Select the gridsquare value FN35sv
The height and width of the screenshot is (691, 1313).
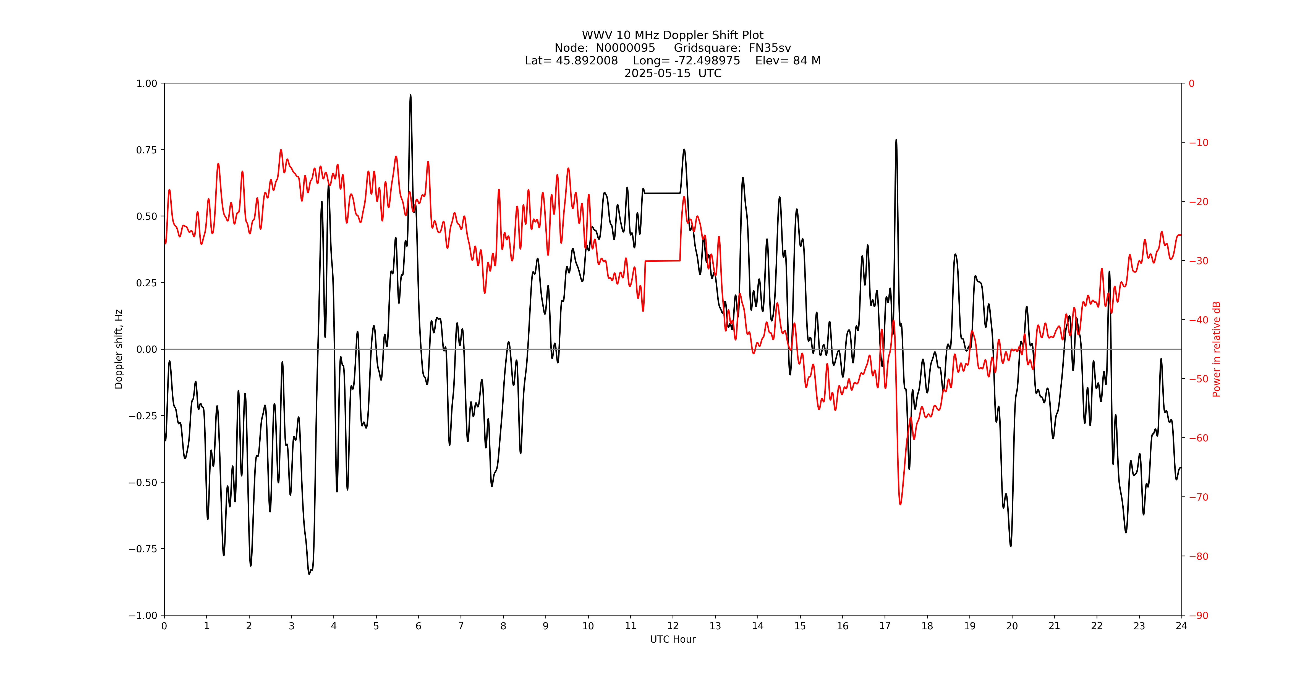tap(770, 48)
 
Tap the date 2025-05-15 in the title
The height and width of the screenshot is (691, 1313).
tap(657, 73)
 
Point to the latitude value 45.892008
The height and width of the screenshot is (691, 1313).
tap(587, 61)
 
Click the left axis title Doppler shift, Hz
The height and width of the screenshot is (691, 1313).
tap(119, 349)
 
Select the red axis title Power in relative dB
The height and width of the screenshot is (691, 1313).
tap(1217, 349)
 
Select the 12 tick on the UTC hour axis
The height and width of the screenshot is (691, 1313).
tap(673, 626)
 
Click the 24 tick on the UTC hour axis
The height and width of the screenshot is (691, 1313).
tap(1181, 626)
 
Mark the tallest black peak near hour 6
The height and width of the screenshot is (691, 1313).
tap(410, 95)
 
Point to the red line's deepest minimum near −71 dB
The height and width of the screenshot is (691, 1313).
tap(900, 504)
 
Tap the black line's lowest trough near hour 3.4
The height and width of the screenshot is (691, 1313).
tap(309, 573)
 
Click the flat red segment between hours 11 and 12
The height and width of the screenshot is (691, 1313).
tap(663, 261)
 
